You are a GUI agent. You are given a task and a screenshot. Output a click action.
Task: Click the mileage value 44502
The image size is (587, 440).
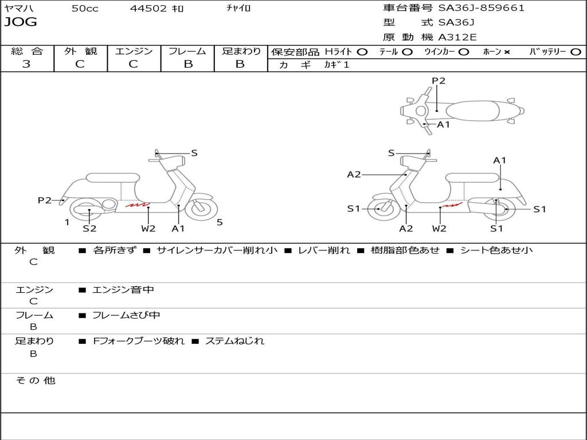(148, 8)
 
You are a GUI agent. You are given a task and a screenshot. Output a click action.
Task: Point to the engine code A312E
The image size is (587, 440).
(457, 38)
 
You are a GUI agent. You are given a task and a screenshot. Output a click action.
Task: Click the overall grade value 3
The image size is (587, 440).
(26, 64)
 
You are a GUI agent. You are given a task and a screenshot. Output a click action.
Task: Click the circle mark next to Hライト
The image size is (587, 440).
(362, 52)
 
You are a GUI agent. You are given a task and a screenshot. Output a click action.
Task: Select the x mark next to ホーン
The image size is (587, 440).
(507, 52)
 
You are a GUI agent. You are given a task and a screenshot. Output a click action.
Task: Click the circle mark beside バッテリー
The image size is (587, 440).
(576, 52)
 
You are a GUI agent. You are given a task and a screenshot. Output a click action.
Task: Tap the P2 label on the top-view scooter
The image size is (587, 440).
(439, 81)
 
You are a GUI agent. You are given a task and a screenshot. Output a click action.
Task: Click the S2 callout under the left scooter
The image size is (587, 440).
(89, 229)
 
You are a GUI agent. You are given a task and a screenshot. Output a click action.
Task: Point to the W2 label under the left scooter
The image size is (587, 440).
(148, 229)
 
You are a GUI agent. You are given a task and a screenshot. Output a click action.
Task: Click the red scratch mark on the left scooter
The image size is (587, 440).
(138, 204)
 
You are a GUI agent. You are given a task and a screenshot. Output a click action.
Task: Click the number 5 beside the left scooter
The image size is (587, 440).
(220, 222)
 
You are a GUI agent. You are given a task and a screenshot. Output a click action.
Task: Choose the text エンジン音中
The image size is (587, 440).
(123, 290)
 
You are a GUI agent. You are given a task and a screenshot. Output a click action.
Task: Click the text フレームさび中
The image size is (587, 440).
(126, 315)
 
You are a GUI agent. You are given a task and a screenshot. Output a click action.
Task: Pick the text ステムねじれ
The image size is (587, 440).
(234, 341)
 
